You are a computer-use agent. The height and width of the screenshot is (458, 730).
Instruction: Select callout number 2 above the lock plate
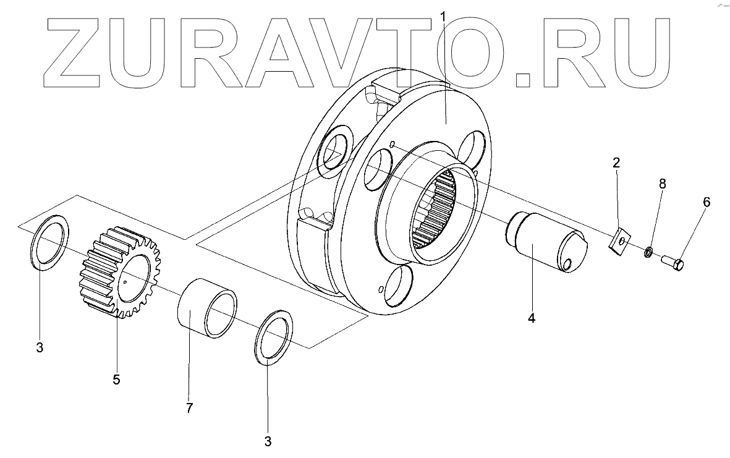616,163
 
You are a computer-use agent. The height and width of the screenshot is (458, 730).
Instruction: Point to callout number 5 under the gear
116,379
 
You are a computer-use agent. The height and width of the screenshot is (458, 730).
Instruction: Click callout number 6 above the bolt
707,201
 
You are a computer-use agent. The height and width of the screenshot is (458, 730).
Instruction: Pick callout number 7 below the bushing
189,407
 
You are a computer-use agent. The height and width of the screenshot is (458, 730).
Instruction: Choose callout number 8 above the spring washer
662,184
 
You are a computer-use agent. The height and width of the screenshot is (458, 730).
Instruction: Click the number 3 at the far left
40,348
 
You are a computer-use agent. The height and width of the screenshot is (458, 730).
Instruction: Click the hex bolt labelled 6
670,263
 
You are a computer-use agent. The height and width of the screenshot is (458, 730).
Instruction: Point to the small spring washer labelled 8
647,252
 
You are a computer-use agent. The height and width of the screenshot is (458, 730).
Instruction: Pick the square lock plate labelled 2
619,241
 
